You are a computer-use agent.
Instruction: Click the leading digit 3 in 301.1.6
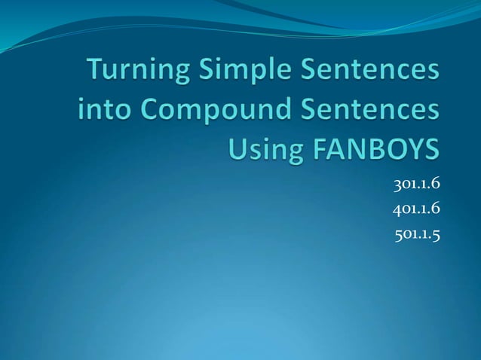pos(397,182)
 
